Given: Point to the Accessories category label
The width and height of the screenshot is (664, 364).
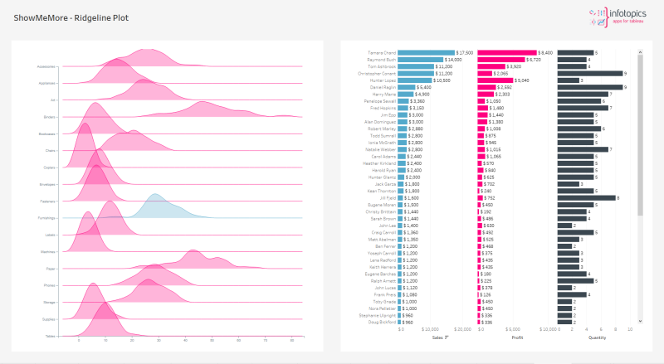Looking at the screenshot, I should pos(46,66).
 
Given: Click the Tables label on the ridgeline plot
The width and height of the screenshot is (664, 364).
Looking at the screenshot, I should pos(50,336).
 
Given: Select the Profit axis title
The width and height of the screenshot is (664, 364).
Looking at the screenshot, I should pos(517,337).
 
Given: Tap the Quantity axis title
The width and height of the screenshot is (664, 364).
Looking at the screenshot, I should pos(597,337).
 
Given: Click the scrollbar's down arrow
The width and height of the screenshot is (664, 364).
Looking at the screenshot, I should pos(640,321).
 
